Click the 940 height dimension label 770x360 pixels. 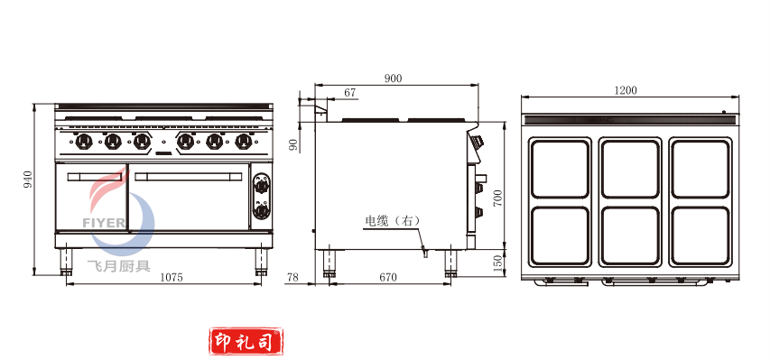click(x=28, y=180)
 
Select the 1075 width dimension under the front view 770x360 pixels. click(x=172, y=278)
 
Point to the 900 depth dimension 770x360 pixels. click(x=393, y=78)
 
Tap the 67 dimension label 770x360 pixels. click(x=349, y=92)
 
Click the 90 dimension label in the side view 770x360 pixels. click(x=293, y=144)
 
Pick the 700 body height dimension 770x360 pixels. click(x=499, y=198)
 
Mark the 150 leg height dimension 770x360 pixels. click(x=499, y=263)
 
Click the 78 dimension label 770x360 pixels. click(x=292, y=278)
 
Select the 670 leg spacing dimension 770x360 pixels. click(x=388, y=278)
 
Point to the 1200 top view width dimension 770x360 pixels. click(x=626, y=90)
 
